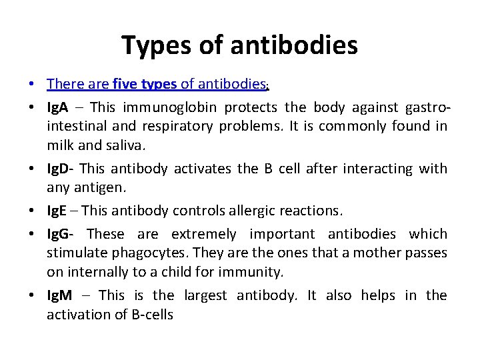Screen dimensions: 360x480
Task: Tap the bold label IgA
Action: click(x=58, y=107)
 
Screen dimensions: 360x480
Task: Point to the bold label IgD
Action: click(x=59, y=169)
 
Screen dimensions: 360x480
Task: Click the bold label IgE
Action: click(x=57, y=211)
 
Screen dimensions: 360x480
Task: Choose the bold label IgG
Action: click(x=59, y=234)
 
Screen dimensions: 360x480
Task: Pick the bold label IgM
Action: click(x=59, y=295)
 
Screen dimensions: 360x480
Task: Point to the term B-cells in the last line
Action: click(x=152, y=315)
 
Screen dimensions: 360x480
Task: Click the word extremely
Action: click(x=203, y=235)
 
